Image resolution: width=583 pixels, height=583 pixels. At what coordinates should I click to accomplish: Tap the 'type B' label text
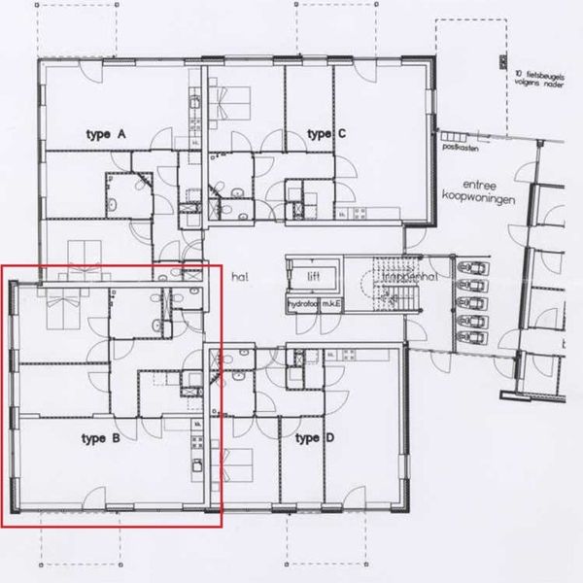click(101, 439)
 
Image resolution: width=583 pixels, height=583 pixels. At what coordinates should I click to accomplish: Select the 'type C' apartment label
click(326, 133)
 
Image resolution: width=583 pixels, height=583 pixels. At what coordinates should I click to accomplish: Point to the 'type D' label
click(314, 439)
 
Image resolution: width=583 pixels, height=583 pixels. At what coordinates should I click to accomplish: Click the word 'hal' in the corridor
click(240, 277)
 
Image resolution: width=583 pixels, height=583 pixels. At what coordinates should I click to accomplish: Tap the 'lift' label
click(313, 276)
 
